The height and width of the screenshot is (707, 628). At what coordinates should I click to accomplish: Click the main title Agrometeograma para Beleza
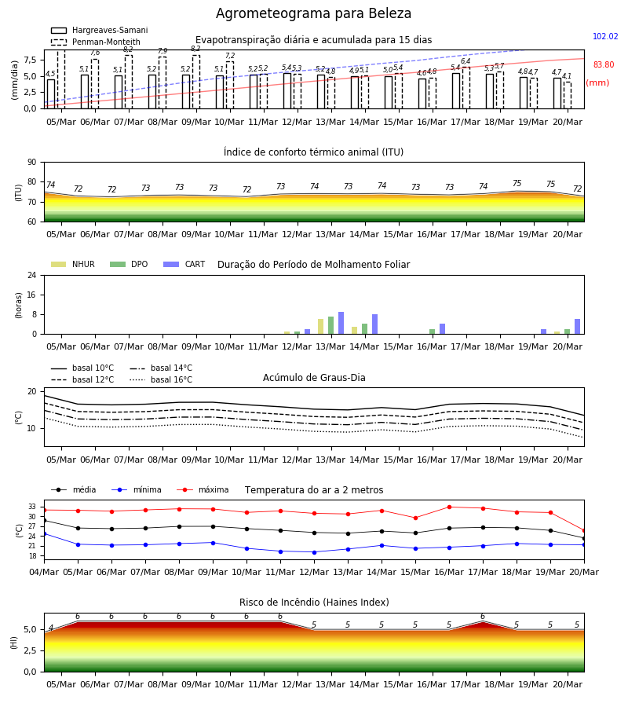pos(313,13)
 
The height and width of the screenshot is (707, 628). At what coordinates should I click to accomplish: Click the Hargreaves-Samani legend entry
pos(99,30)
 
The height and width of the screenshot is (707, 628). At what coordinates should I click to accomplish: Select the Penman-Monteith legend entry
pos(96,42)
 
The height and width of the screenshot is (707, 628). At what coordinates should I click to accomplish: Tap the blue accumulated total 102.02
pos(605,36)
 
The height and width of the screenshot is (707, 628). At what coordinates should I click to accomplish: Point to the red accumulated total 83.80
pos(603,65)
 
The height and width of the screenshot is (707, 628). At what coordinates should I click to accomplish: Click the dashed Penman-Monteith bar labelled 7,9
pos(162,83)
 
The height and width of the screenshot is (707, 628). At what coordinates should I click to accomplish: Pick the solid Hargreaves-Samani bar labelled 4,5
pos(51,94)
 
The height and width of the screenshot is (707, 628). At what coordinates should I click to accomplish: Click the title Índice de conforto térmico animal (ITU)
pos(313,152)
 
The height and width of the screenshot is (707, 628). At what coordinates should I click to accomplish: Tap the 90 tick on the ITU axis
pos(32,163)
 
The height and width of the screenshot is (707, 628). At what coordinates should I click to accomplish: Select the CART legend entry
pos(184,264)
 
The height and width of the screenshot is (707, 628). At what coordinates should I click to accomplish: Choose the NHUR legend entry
pos(73,264)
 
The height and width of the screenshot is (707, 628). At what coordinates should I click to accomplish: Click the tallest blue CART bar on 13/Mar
pos(341,323)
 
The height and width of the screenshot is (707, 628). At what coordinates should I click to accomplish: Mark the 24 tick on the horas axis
pos(32,275)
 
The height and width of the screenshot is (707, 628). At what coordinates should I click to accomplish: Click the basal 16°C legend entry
pos(161,379)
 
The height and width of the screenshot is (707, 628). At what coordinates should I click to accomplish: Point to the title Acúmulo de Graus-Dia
pos(314,378)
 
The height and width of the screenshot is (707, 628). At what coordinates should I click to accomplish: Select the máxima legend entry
pos(203,489)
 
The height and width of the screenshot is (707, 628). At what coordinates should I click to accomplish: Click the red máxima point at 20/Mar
pos(584,531)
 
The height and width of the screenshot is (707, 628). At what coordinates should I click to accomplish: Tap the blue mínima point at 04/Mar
pos(44,534)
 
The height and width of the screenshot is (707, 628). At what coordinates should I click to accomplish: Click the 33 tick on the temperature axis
pos(32,507)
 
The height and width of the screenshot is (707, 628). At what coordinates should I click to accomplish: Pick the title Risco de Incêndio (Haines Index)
pos(314,603)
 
